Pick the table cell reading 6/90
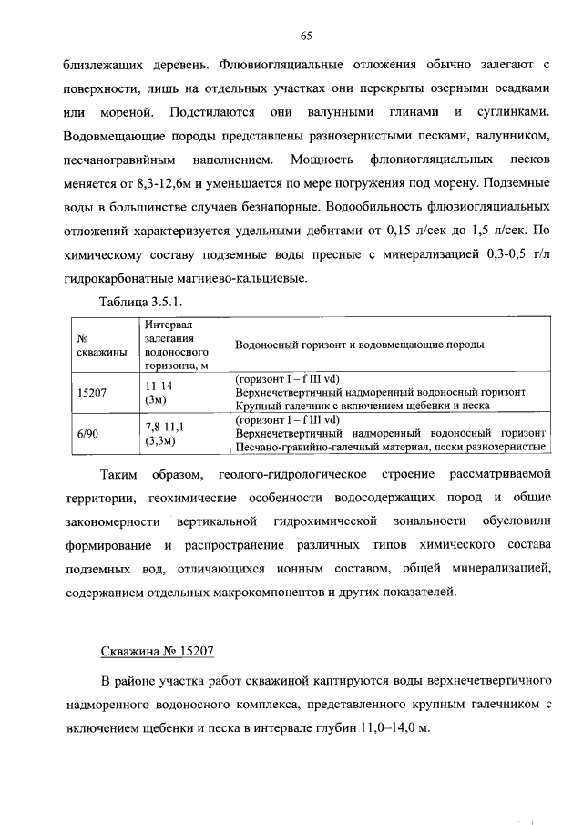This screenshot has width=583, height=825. (x=88, y=434)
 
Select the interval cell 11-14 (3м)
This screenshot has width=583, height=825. (x=159, y=392)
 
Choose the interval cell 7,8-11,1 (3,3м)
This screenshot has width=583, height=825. (x=165, y=434)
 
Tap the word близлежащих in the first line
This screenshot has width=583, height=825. (x=102, y=66)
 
